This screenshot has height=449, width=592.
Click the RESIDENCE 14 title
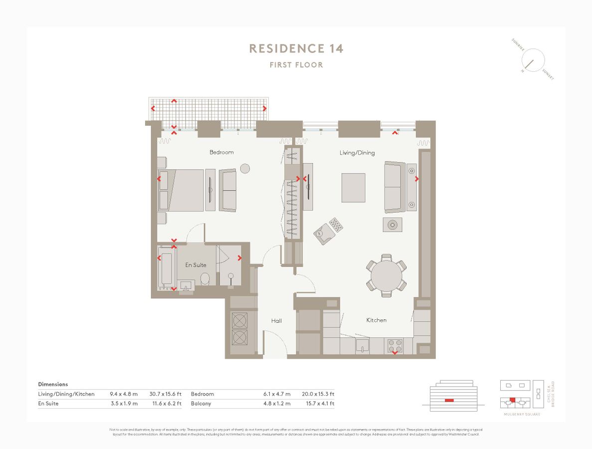click(296, 48)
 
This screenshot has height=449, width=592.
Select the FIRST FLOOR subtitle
click(296, 65)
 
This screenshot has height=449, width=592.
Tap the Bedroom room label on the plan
click(221, 152)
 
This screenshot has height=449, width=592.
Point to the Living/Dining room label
click(357, 153)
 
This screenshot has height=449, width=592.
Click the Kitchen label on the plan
click(377, 320)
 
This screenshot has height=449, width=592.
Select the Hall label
click(276, 321)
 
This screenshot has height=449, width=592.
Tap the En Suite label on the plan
click(196, 265)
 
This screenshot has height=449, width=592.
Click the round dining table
click(387, 275)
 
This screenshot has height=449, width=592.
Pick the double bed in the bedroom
click(181, 191)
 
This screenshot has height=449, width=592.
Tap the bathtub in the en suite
click(166, 268)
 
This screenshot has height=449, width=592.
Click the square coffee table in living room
click(353, 188)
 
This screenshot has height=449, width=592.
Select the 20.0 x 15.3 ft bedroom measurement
click(318, 394)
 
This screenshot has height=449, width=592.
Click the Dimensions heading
click(53, 385)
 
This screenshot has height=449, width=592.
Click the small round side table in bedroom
click(245, 169)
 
